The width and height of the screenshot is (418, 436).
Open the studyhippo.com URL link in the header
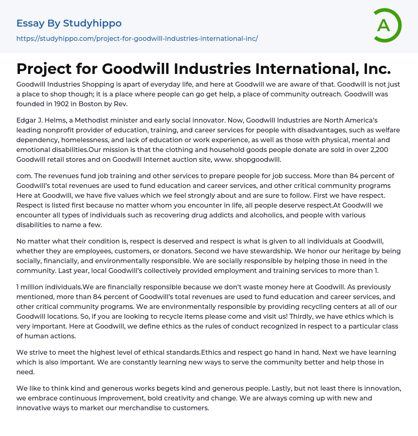point(137,38)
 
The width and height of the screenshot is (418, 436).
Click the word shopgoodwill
point(258,159)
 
